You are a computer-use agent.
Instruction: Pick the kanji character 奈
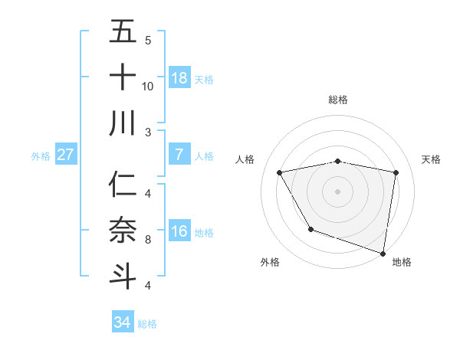click(123, 230)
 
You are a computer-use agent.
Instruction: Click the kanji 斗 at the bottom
click(123, 276)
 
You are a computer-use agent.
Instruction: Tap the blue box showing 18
click(179, 78)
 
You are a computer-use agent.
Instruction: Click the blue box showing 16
click(179, 231)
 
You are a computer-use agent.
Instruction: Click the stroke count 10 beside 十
click(148, 86)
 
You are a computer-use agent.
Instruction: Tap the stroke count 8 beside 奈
click(148, 240)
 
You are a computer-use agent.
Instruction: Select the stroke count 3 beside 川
click(148, 133)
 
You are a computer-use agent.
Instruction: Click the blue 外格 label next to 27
click(41, 156)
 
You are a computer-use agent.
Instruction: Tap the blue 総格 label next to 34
click(147, 323)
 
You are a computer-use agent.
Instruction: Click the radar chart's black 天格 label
click(431, 159)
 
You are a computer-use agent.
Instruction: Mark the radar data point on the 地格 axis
click(383, 252)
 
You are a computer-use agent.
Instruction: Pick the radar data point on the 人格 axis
click(280, 173)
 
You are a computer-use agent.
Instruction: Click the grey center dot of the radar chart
click(338, 191)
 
